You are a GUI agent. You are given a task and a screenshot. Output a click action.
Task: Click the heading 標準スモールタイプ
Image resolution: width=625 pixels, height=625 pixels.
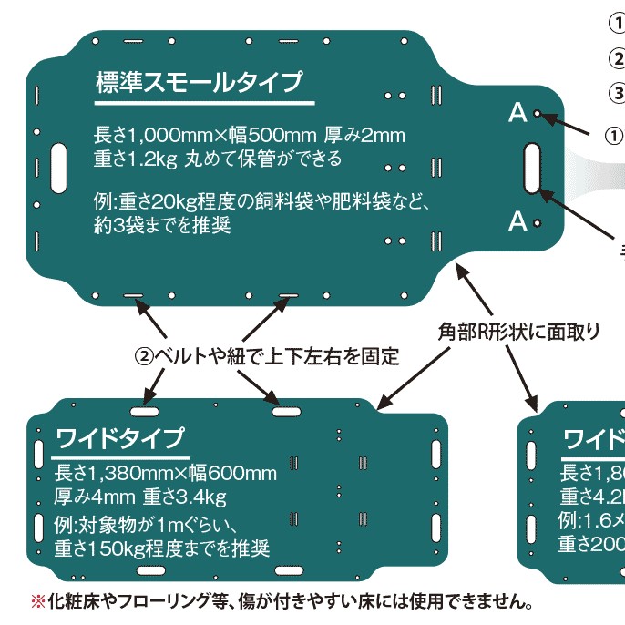(x=199, y=84)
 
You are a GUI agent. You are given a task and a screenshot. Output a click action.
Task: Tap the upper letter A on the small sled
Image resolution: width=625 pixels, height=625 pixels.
(x=517, y=113)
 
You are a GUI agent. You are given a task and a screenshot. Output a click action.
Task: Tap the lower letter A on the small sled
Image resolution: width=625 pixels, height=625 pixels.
(x=517, y=221)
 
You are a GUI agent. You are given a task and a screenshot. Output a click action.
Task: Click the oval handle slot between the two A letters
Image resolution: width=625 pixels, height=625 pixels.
(x=533, y=167)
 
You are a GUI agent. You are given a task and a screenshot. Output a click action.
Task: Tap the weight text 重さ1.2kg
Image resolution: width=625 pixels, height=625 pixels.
(x=136, y=159)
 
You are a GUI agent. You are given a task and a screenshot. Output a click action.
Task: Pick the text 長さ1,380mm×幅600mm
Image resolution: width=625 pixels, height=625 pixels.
(x=165, y=473)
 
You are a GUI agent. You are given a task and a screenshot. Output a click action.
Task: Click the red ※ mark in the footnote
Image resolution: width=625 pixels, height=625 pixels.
(x=37, y=601)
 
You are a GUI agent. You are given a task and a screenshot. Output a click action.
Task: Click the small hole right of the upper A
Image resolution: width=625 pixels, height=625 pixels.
(x=538, y=114)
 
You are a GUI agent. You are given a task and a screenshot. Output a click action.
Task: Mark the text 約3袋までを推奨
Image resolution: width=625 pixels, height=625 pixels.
(x=161, y=224)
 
